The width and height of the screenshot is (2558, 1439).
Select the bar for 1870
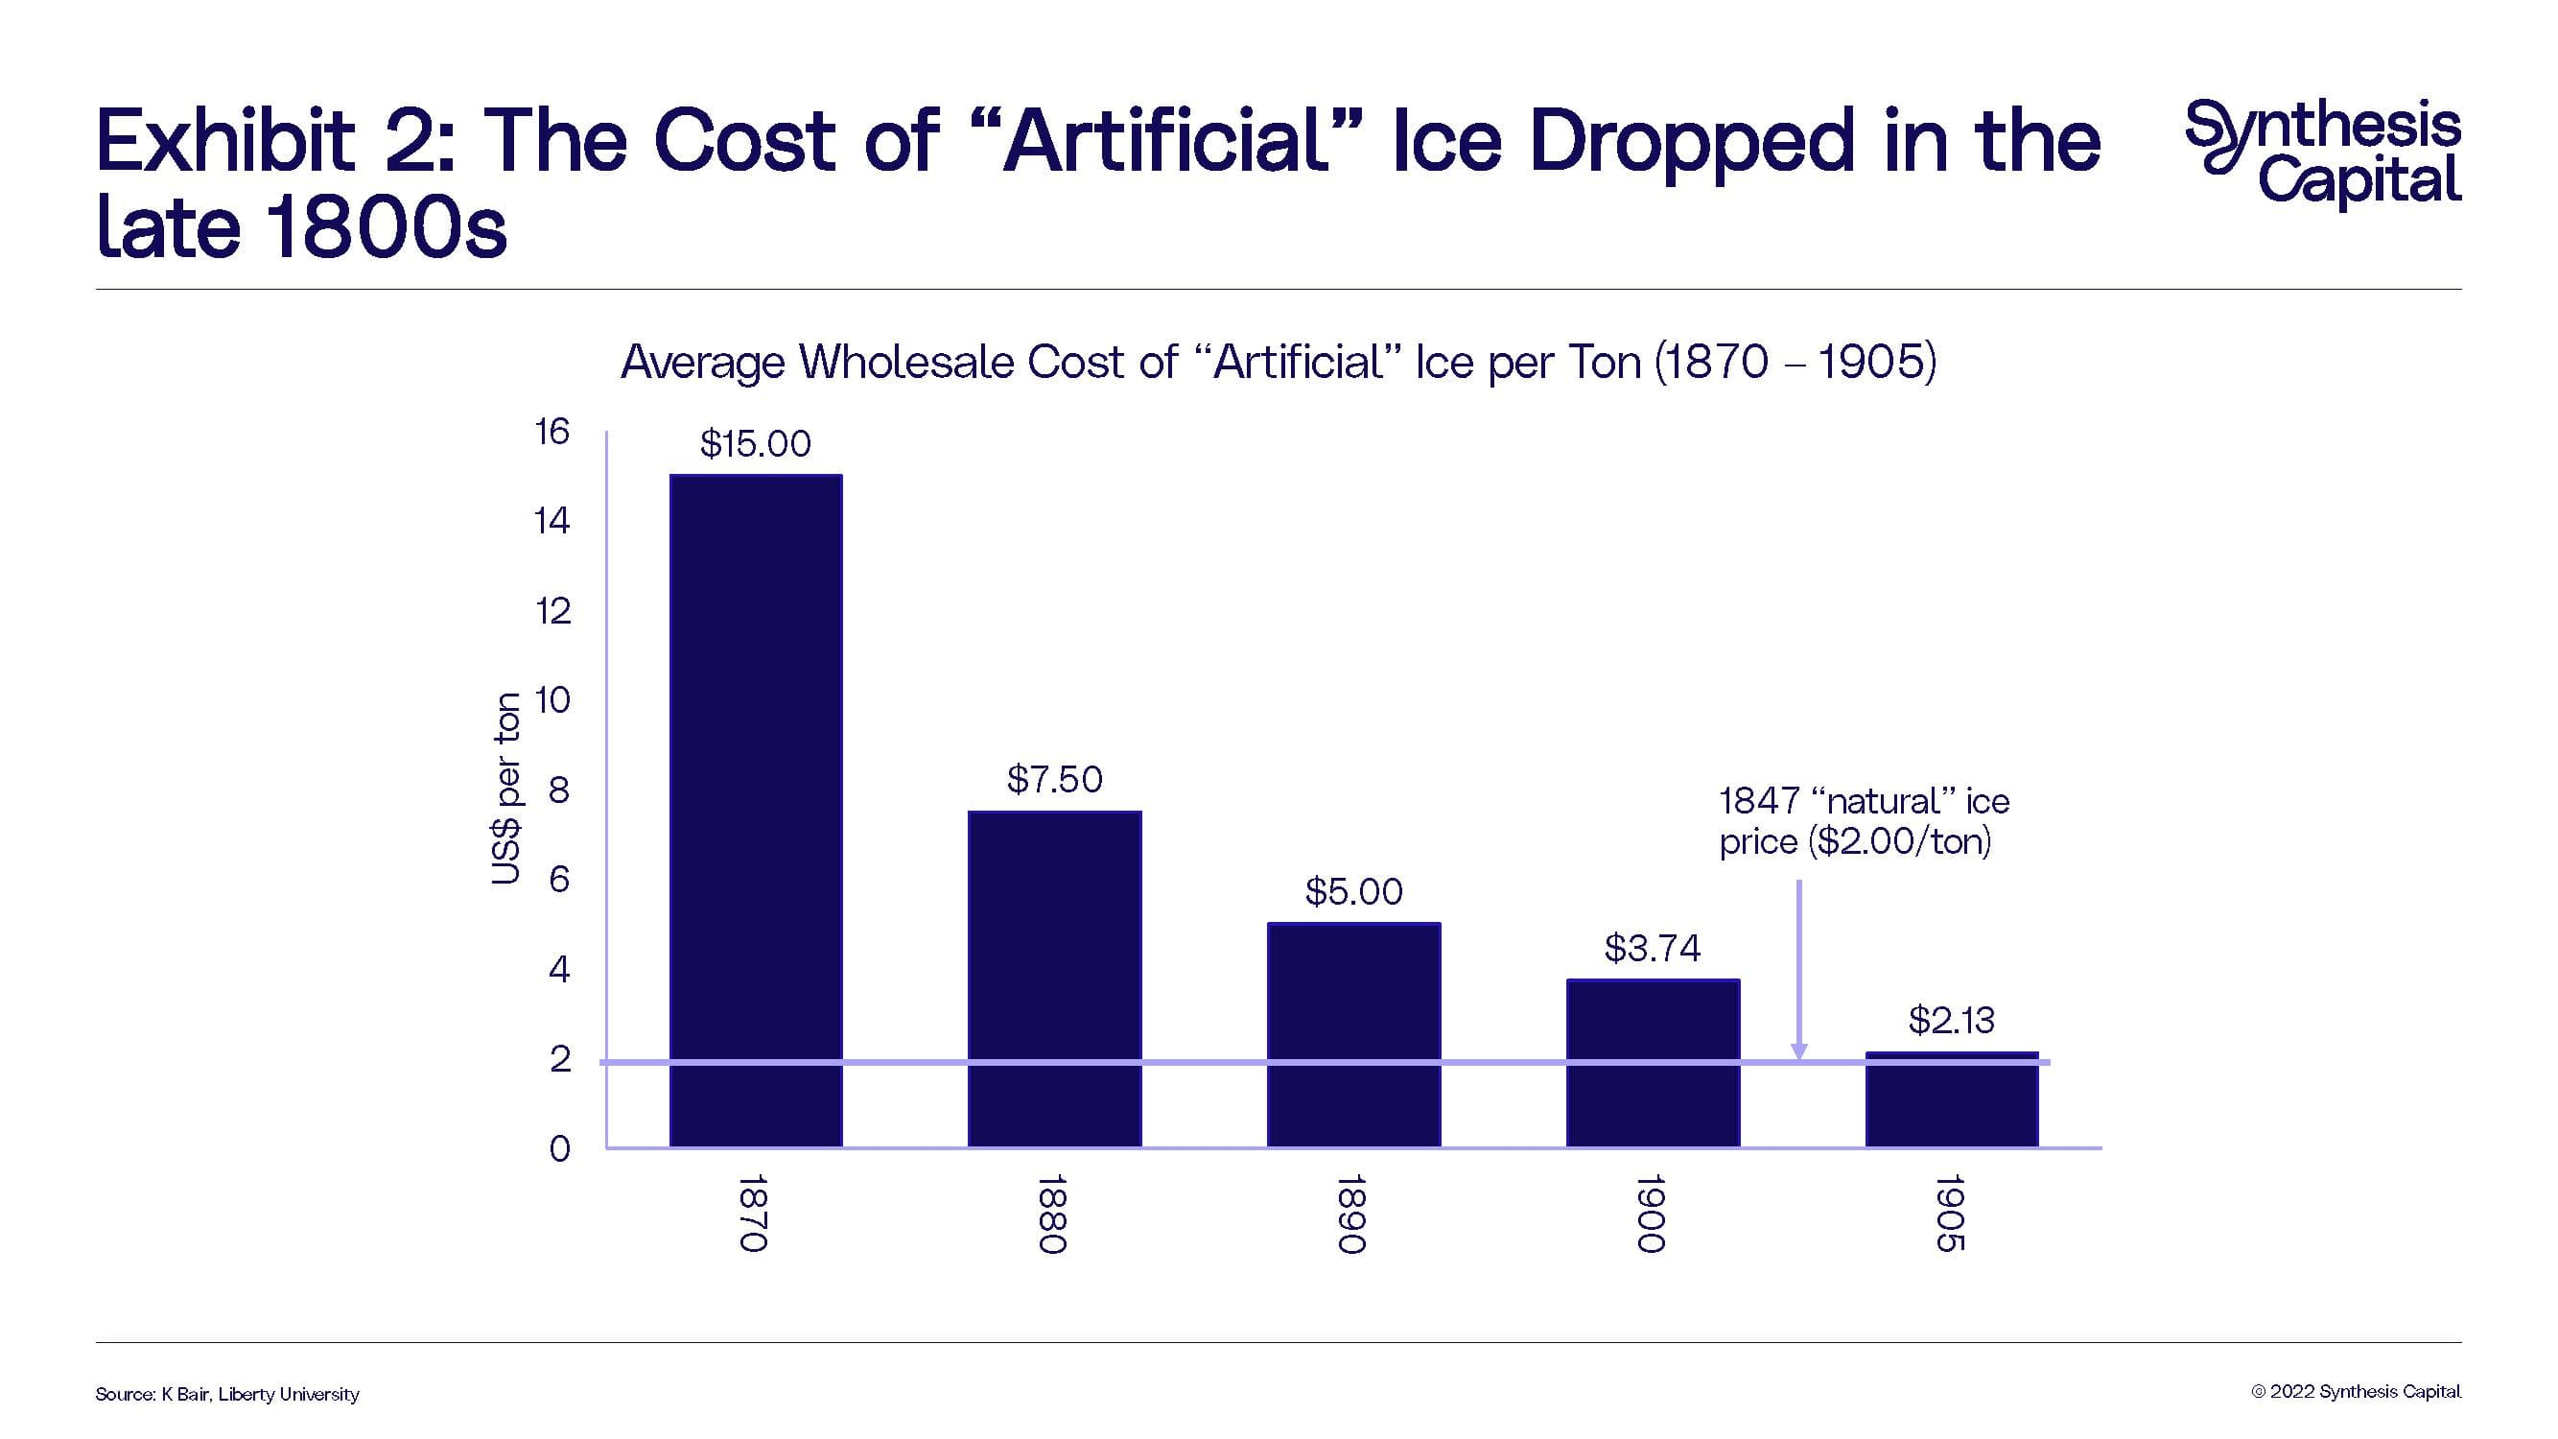(756, 810)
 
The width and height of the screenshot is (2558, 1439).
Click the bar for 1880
(1055, 979)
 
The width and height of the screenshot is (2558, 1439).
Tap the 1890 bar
(1353, 1034)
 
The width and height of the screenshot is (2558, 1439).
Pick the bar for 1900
(1653, 1063)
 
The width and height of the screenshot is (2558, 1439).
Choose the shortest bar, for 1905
(1951, 1099)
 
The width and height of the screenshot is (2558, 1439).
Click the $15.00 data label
(756, 444)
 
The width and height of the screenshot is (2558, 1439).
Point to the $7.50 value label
(1055, 780)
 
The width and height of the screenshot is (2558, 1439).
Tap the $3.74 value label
(1653, 949)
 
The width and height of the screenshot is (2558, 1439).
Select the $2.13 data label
(1951, 1020)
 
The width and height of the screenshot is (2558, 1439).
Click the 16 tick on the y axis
(552, 432)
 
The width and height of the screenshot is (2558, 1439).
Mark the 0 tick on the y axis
(559, 1149)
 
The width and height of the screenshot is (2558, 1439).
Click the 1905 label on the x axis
(1951, 1213)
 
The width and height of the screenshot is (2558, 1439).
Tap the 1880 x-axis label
(1052, 1214)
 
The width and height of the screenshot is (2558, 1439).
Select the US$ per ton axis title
(505, 789)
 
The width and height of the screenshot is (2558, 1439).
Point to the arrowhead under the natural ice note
(1798, 1051)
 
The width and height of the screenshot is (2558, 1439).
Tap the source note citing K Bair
(227, 1394)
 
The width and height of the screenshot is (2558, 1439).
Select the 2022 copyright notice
(2356, 1391)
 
